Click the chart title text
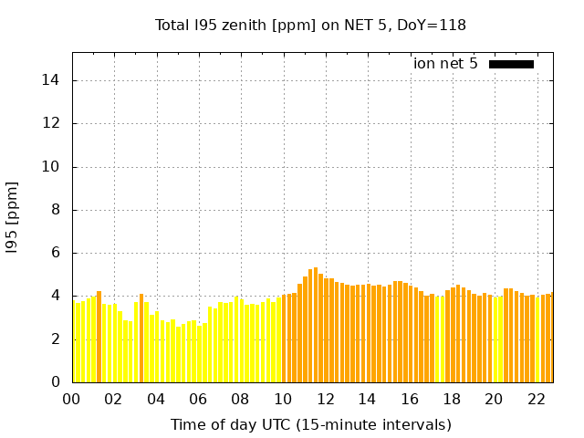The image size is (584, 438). (311, 25)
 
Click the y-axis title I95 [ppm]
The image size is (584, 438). (13, 217)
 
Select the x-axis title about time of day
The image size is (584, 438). (311, 424)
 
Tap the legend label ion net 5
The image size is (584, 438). (445, 64)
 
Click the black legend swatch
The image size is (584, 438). (511, 64)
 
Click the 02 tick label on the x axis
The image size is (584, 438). (114, 400)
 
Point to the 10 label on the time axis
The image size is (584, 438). (283, 400)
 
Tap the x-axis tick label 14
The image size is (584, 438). (368, 400)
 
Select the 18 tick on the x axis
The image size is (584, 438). (452, 400)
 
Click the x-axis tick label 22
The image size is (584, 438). (537, 400)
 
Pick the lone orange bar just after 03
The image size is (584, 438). (141, 338)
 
